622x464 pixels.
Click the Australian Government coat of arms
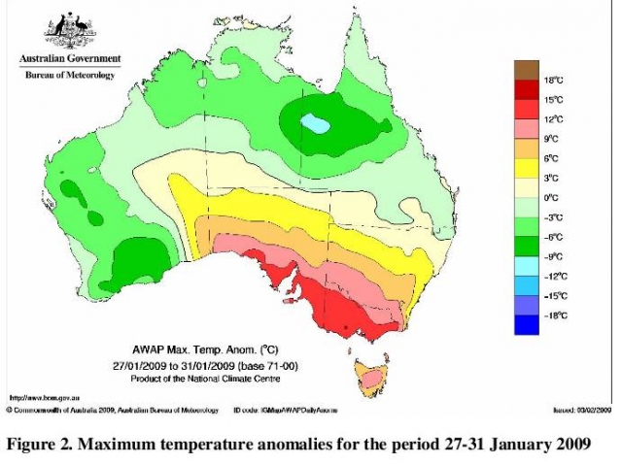pos(68,33)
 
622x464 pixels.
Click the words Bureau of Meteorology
pos(68,75)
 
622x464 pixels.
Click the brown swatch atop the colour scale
pos(525,69)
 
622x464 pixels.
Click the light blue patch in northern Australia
pos(313,122)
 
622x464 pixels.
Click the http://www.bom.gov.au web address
pos(44,398)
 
